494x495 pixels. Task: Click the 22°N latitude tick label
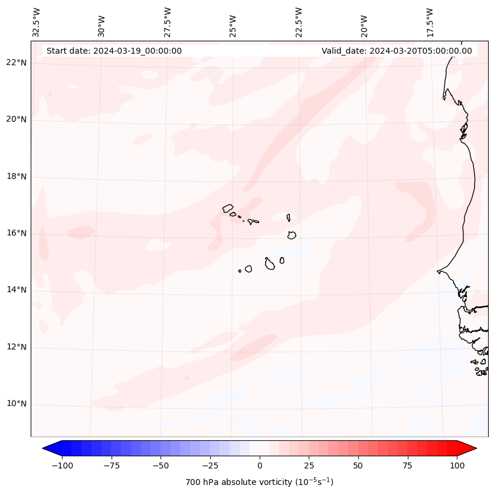click(17, 63)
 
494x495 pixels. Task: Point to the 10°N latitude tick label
click(17, 404)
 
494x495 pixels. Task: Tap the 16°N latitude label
click(17, 233)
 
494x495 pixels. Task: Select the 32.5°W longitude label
click(37, 22)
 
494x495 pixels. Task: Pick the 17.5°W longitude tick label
click(430, 22)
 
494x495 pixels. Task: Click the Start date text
click(114, 51)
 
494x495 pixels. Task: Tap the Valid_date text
click(397, 51)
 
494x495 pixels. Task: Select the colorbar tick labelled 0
click(260, 466)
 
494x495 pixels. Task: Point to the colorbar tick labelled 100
click(457, 466)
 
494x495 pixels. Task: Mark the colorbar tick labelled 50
click(358, 466)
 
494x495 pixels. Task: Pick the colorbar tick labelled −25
click(210, 466)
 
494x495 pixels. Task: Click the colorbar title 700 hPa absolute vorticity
click(260, 482)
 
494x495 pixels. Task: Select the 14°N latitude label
click(17, 290)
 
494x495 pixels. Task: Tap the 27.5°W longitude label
click(168, 22)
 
